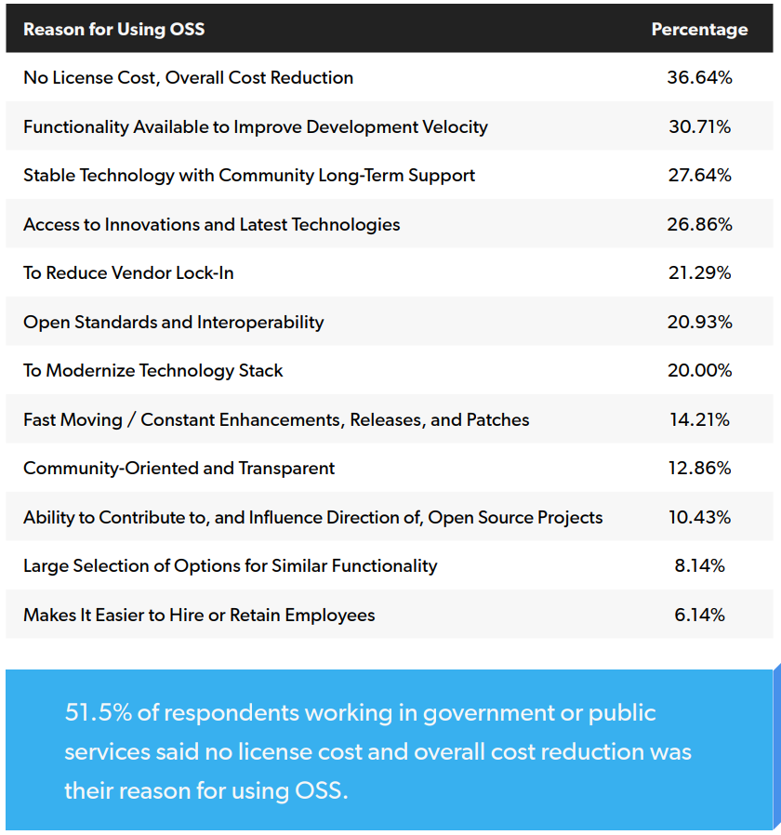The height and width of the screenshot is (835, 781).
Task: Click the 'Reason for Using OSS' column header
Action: (113, 29)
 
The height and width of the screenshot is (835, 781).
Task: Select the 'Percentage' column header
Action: (699, 29)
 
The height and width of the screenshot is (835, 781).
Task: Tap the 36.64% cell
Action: (699, 77)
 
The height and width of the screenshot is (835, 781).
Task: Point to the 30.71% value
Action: (699, 126)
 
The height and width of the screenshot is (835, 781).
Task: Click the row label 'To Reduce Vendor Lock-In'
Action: (128, 272)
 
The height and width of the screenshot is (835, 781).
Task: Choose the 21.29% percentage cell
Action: (699, 272)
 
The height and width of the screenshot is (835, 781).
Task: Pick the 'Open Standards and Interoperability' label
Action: (173, 322)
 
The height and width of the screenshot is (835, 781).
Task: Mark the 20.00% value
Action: (699, 370)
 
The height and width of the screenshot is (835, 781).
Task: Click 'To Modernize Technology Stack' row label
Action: (152, 370)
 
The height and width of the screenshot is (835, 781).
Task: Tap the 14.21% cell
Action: (699, 419)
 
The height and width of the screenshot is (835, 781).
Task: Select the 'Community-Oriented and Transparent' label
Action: (179, 468)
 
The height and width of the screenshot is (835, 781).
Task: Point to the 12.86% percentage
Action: (699, 468)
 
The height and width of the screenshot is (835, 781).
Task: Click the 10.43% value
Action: (699, 517)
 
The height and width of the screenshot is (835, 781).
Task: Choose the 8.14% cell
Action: (699, 565)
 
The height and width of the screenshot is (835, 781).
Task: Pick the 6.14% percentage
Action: (699, 615)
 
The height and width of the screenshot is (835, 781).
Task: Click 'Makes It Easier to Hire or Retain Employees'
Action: (199, 615)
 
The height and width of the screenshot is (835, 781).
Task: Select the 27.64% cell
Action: (699, 175)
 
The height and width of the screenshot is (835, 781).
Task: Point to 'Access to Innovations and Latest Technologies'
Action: (211, 224)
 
